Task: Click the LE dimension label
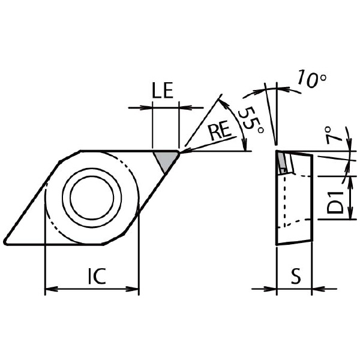[163, 91]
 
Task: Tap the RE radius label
[220, 131]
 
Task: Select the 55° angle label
[251, 120]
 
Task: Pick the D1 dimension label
[335, 202]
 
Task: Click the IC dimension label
[97, 275]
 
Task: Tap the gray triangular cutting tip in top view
[166, 160]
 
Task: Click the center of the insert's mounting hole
[92, 197]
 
